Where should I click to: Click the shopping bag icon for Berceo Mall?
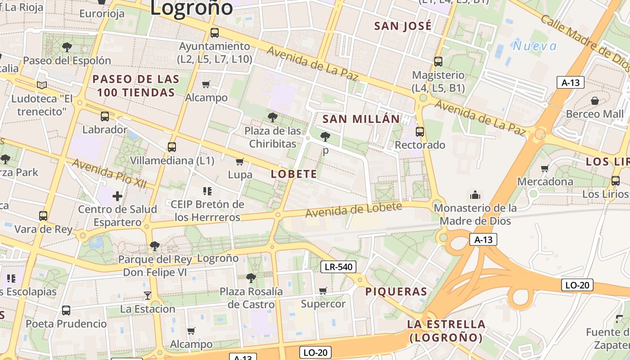(x=595, y=100)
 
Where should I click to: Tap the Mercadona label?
(x=545, y=182)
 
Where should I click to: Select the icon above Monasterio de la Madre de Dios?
(x=475, y=195)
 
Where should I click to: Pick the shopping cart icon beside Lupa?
(x=240, y=162)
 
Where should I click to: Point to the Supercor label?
(x=323, y=304)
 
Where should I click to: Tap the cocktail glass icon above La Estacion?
(x=147, y=295)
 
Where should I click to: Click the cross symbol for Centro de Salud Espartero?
(x=117, y=196)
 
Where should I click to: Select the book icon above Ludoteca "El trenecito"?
(x=42, y=85)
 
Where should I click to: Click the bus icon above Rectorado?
(x=420, y=131)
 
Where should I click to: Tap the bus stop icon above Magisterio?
(x=438, y=61)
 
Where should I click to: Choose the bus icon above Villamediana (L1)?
(x=171, y=147)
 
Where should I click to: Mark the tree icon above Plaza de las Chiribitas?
(x=272, y=117)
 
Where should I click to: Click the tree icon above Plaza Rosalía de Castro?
(x=251, y=278)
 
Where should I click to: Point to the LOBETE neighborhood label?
(x=294, y=174)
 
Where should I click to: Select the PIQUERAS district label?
(x=396, y=291)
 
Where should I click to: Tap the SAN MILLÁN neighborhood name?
(x=361, y=119)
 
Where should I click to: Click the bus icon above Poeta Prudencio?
(x=66, y=310)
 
